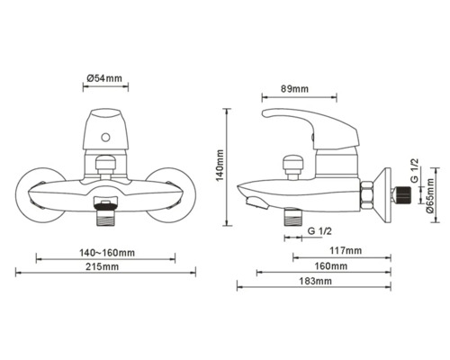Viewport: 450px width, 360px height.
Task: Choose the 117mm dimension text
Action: click(x=346, y=250)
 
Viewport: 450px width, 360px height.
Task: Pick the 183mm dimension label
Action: click(x=312, y=282)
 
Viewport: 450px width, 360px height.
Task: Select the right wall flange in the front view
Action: click(x=173, y=193)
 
